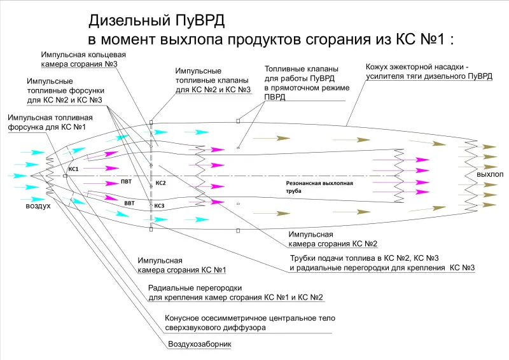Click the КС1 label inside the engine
[x=73, y=169]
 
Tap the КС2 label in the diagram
[x=160, y=183]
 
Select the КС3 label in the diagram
[x=159, y=205]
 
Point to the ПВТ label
[x=127, y=182]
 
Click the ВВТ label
[x=129, y=204]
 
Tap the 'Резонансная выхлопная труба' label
[x=319, y=186]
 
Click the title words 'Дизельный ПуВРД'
[x=157, y=21]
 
